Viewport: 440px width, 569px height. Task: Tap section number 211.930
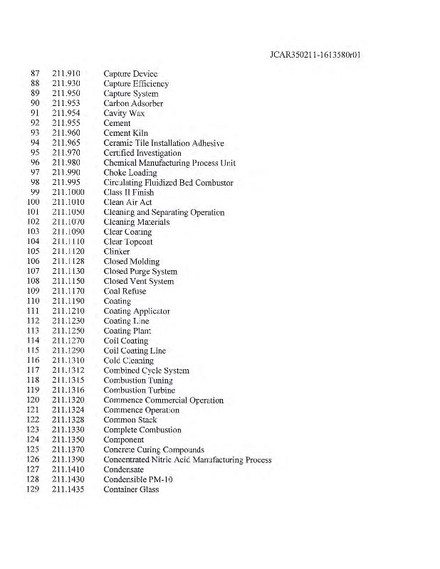tap(66, 84)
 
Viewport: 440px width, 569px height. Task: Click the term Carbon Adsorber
tap(133, 104)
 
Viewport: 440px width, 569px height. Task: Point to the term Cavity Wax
tap(124, 114)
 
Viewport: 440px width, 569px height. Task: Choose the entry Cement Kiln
tap(127, 133)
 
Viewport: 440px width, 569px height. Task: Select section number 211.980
tap(66, 163)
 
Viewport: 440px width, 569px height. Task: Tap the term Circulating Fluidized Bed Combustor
tap(168, 183)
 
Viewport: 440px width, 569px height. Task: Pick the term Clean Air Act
tap(127, 203)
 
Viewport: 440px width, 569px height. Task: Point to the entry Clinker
tap(117, 252)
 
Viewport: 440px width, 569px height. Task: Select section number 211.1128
tap(68, 262)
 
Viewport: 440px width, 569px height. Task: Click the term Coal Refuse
tap(125, 292)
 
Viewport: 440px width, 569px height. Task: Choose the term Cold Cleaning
tap(128, 361)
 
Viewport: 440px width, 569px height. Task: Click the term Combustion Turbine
tap(139, 390)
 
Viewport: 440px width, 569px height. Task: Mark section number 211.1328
tap(68, 420)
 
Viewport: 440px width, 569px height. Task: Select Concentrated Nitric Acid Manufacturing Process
tap(187, 459)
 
